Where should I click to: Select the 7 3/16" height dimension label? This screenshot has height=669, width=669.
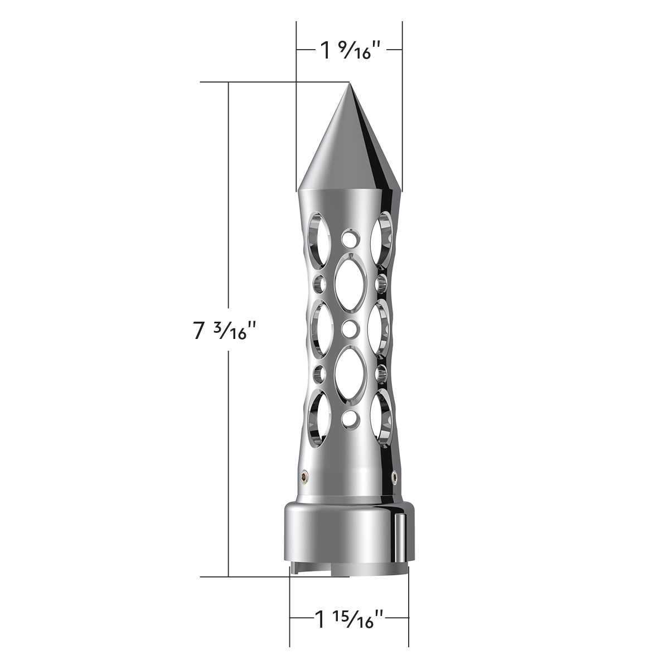pyautogui.click(x=225, y=331)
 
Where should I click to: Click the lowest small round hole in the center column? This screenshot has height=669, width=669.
pyautogui.click(x=349, y=417)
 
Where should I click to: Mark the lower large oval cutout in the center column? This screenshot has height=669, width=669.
pyautogui.click(x=349, y=372)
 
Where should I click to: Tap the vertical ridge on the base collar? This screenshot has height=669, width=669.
pyautogui.click(x=401, y=535)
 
